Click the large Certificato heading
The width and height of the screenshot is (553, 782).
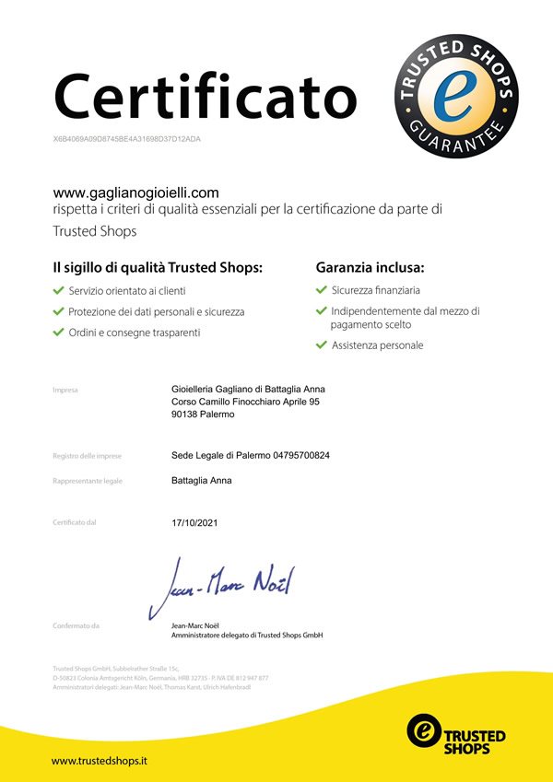[204, 94]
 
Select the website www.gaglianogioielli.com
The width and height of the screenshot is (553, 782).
[135, 193]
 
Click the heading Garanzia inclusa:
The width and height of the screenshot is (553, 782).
[370, 267]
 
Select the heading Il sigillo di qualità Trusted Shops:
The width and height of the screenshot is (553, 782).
[158, 267]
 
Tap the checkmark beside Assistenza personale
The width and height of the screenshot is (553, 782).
[321, 345]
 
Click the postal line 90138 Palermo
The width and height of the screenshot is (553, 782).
[203, 414]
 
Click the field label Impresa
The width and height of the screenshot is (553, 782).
[65, 390]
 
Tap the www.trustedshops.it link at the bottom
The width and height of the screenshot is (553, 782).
[100, 761]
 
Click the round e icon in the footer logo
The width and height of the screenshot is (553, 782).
[424, 729]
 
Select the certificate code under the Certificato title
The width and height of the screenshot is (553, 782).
[127, 138]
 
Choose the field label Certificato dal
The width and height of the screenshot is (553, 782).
[75, 523]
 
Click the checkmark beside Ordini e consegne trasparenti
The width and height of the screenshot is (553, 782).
[59, 333]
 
